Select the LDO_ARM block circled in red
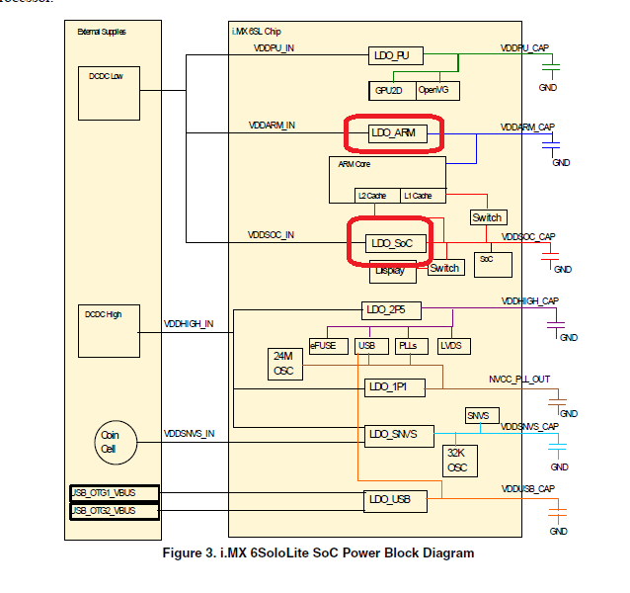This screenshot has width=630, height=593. coord(394,132)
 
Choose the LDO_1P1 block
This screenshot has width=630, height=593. coord(395,388)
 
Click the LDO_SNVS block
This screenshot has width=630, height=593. coord(393,433)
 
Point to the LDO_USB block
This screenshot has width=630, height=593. coord(395,502)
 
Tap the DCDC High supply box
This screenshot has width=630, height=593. coord(107,331)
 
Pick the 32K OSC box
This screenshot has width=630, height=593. coord(456,460)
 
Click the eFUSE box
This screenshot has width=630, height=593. coord(323,346)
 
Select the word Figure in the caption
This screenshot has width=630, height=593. coord(184,553)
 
